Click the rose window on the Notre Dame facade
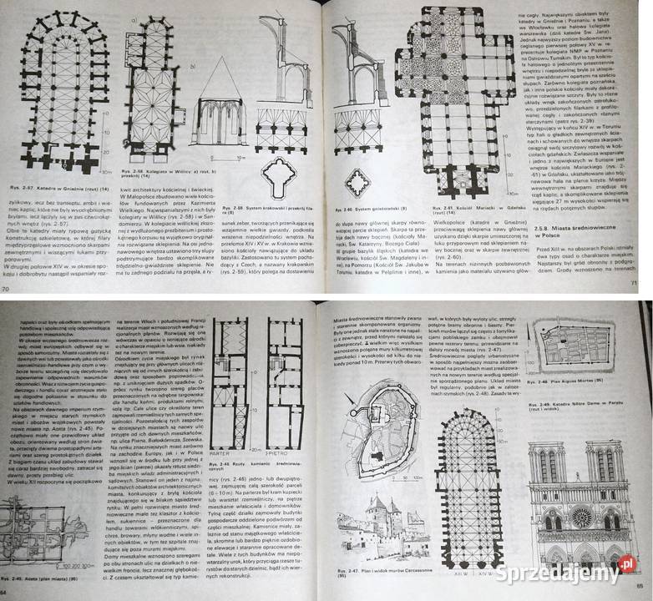click(x=580, y=518)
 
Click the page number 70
click(x=7, y=289)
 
